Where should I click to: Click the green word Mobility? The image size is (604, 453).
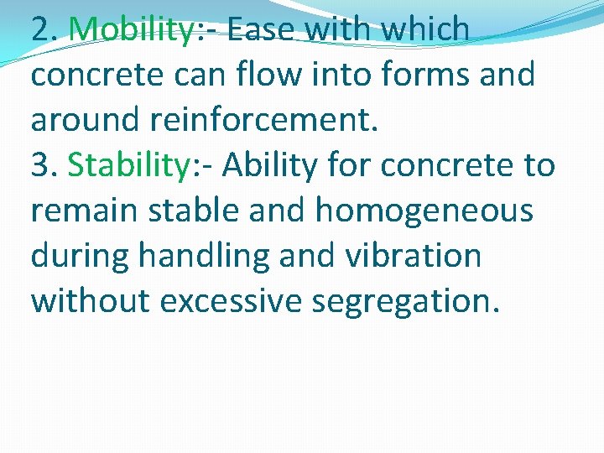131,30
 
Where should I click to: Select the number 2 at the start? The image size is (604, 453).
40,29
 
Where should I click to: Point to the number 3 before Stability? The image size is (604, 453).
40,165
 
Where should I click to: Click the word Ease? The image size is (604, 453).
261,29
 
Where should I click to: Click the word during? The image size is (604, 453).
80,256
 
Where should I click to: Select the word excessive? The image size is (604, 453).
229,300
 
